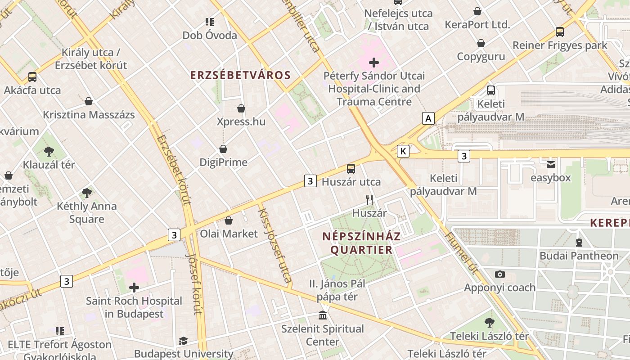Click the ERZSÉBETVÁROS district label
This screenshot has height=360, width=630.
(x=241, y=75)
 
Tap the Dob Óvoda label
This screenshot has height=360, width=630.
(x=210, y=35)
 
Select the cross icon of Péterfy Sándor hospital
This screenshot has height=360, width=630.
(x=374, y=63)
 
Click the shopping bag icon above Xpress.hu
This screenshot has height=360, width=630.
(x=241, y=108)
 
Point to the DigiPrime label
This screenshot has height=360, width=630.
(x=223, y=162)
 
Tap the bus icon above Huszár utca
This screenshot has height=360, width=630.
(x=351, y=169)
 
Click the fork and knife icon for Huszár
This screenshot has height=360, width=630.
(x=369, y=199)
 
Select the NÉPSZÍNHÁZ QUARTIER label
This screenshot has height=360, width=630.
(x=361, y=243)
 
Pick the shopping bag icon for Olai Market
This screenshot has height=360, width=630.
(x=229, y=220)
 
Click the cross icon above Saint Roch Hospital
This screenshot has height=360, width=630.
(x=134, y=287)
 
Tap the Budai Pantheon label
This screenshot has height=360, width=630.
(x=579, y=256)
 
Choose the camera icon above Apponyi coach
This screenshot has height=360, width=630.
(x=499, y=274)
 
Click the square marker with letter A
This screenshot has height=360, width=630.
(x=428, y=118)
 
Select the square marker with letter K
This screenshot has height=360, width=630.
(x=403, y=151)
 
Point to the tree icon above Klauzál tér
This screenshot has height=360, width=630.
(x=49, y=151)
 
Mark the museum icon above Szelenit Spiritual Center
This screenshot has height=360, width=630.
(x=323, y=315)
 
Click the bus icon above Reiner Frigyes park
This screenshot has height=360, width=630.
(x=560, y=32)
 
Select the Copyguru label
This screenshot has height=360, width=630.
(x=481, y=56)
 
